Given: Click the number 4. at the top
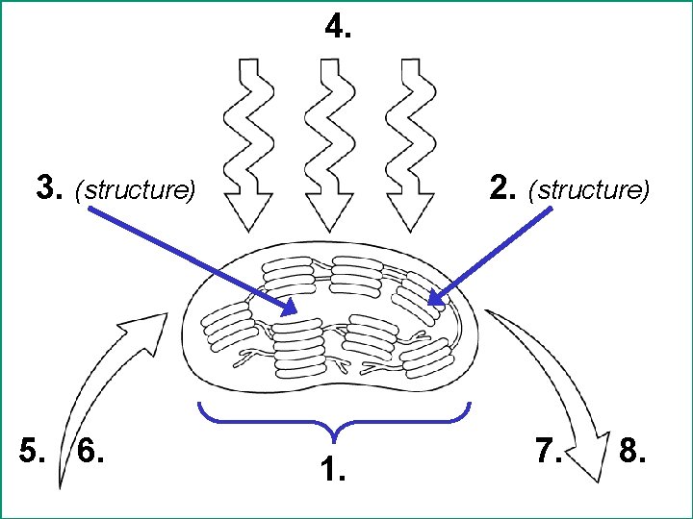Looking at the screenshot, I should [339, 29].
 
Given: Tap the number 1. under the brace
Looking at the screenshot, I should [332, 470].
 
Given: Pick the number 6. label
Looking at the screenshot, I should [91, 450].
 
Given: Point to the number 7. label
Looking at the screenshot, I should [551, 450].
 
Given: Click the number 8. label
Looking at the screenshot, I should [631, 450].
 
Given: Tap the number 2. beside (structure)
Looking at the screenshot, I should [503, 188].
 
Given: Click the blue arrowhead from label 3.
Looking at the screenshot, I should [289, 308].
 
